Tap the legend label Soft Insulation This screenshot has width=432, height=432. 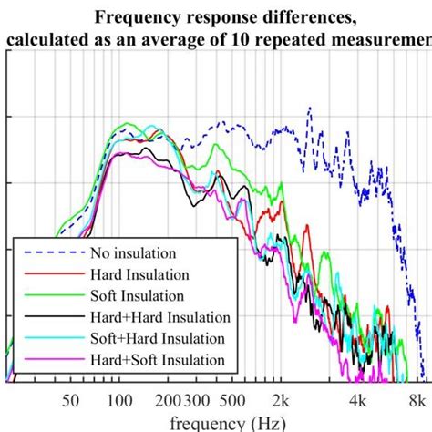[x=136, y=295]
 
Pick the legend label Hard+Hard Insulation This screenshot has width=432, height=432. [x=160, y=317]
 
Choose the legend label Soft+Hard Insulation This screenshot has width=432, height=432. [x=158, y=338]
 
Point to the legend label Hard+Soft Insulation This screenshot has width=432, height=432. [x=158, y=360]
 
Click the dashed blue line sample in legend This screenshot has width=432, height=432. [x=50, y=252]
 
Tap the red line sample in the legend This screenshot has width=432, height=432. [x=50, y=274]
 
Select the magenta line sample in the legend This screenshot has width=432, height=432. [x=50, y=360]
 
